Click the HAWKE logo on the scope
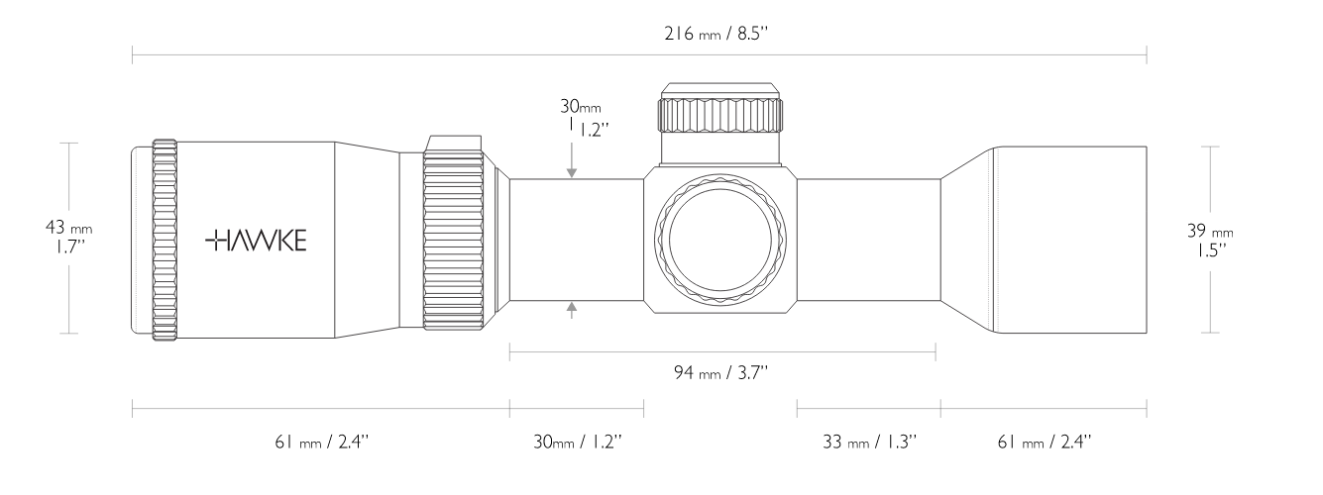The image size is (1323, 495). click(256, 241)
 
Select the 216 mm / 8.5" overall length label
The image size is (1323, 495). click(716, 34)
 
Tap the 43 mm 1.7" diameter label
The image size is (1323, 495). click(69, 238)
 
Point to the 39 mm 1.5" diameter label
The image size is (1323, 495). click(1210, 241)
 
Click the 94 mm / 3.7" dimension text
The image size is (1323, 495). click(720, 373)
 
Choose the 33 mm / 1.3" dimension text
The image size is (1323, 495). click(869, 442)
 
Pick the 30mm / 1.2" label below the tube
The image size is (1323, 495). click(578, 442)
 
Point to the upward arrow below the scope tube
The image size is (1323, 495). click(571, 310)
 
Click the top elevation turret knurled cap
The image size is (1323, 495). click(720, 115)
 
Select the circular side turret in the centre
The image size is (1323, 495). click(720, 241)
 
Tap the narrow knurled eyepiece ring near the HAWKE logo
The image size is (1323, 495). click(165, 241)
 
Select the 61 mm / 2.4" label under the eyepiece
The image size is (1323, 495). click(321, 442)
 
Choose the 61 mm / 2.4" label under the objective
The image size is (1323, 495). click(1045, 442)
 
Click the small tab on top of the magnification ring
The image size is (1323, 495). click(454, 144)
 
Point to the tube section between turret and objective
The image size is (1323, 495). click(869, 240)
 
